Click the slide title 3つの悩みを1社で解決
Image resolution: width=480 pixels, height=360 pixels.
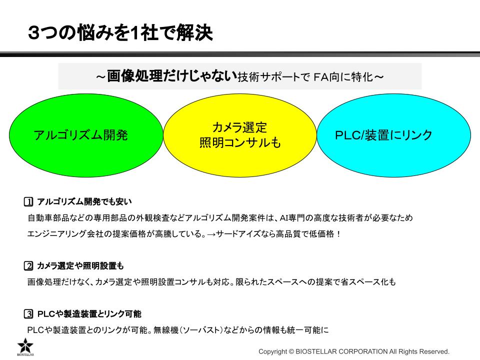(x=120, y=33)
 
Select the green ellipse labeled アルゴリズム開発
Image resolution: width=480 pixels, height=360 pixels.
(x=86, y=135)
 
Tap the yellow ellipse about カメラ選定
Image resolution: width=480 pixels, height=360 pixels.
(x=240, y=135)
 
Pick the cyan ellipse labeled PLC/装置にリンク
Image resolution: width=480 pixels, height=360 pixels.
(x=393, y=135)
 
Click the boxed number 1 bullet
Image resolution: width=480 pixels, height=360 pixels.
(x=28, y=201)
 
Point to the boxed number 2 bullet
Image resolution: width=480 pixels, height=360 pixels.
(x=28, y=265)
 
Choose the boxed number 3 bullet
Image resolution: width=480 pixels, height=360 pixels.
(x=28, y=314)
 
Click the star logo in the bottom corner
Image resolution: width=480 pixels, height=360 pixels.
(x=25, y=346)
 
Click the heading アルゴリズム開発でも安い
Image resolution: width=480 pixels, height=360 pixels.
(x=84, y=201)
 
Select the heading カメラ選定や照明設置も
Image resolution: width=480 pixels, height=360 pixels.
(x=80, y=265)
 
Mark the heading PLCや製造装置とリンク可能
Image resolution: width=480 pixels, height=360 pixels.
(x=89, y=314)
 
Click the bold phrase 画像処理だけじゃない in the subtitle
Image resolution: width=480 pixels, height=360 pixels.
(x=172, y=76)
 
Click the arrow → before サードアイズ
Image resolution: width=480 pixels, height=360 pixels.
(x=211, y=234)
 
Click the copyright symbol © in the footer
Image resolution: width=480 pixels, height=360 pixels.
(x=291, y=351)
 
